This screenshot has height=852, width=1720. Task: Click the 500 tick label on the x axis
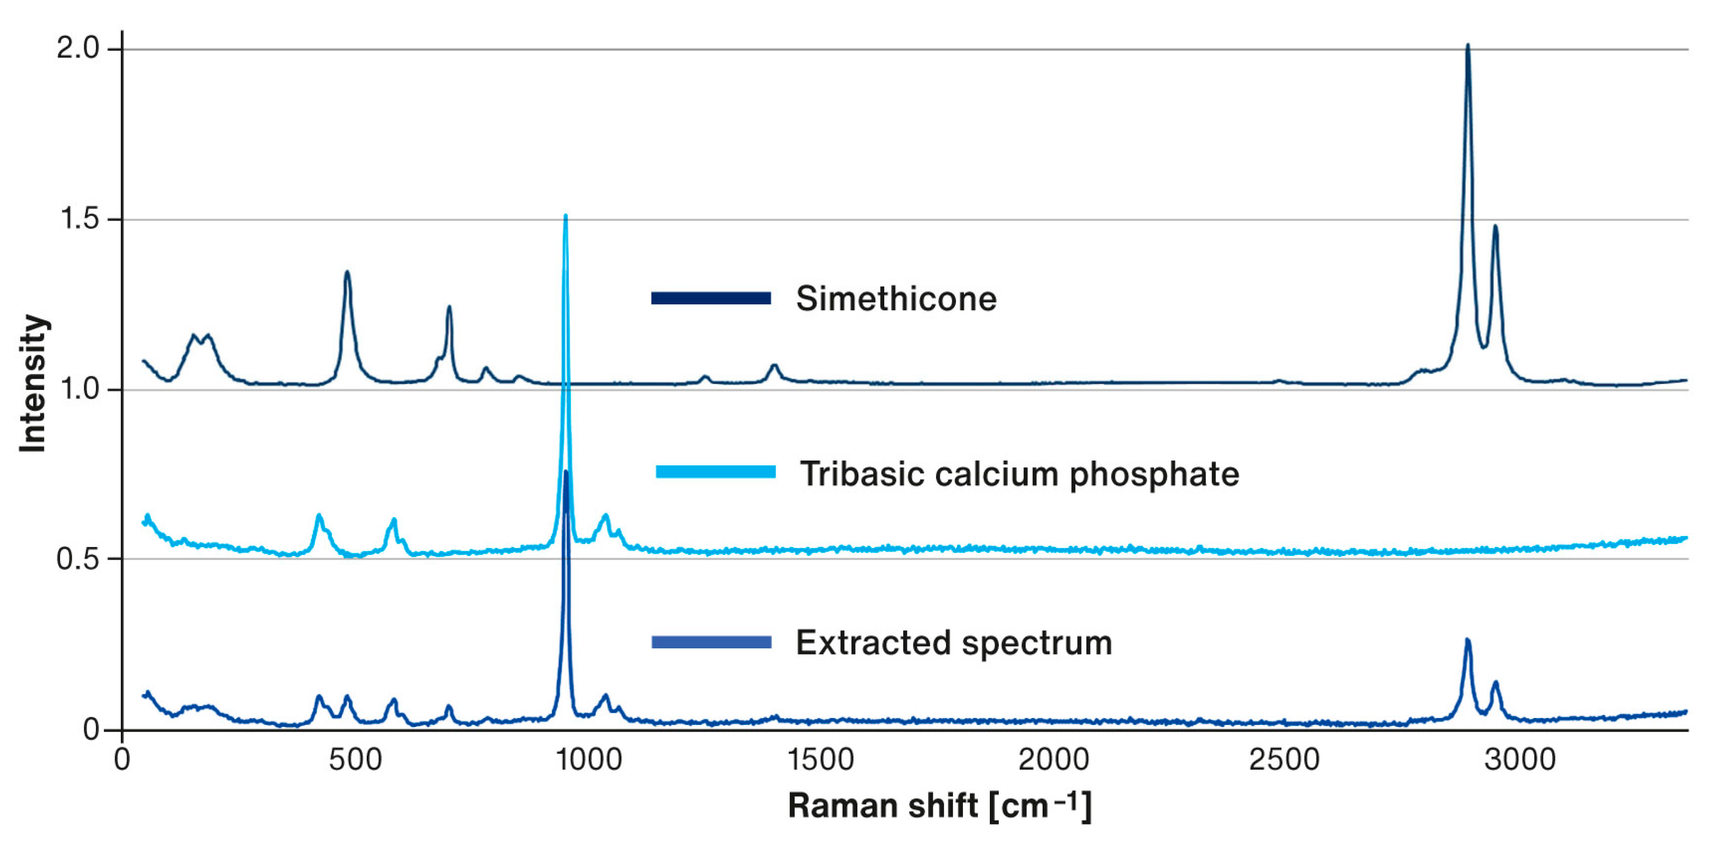click(x=355, y=760)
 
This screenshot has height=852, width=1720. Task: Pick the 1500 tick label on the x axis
click(x=820, y=760)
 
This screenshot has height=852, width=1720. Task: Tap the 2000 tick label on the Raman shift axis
click(x=1053, y=760)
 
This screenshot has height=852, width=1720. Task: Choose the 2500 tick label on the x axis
click(x=1284, y=760)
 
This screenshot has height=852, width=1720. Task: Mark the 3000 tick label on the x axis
click(x=1520, y=760)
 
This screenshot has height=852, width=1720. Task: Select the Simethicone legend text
click(x=895, y=299)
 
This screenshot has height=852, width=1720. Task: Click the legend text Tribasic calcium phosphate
click(x=1019, y=474)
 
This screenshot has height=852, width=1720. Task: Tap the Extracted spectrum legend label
click(x=953, y=643)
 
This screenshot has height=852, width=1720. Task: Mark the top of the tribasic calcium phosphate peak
click(x=566, y=217)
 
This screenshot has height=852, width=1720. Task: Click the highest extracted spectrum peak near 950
click(x=566, y=473)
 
